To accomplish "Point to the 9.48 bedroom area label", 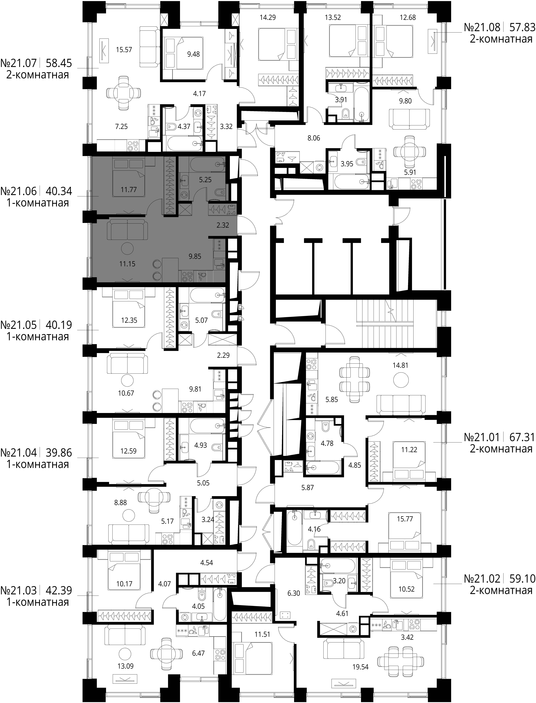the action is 193,54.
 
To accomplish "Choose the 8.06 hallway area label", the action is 314,138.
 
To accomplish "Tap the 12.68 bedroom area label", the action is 408,18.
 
